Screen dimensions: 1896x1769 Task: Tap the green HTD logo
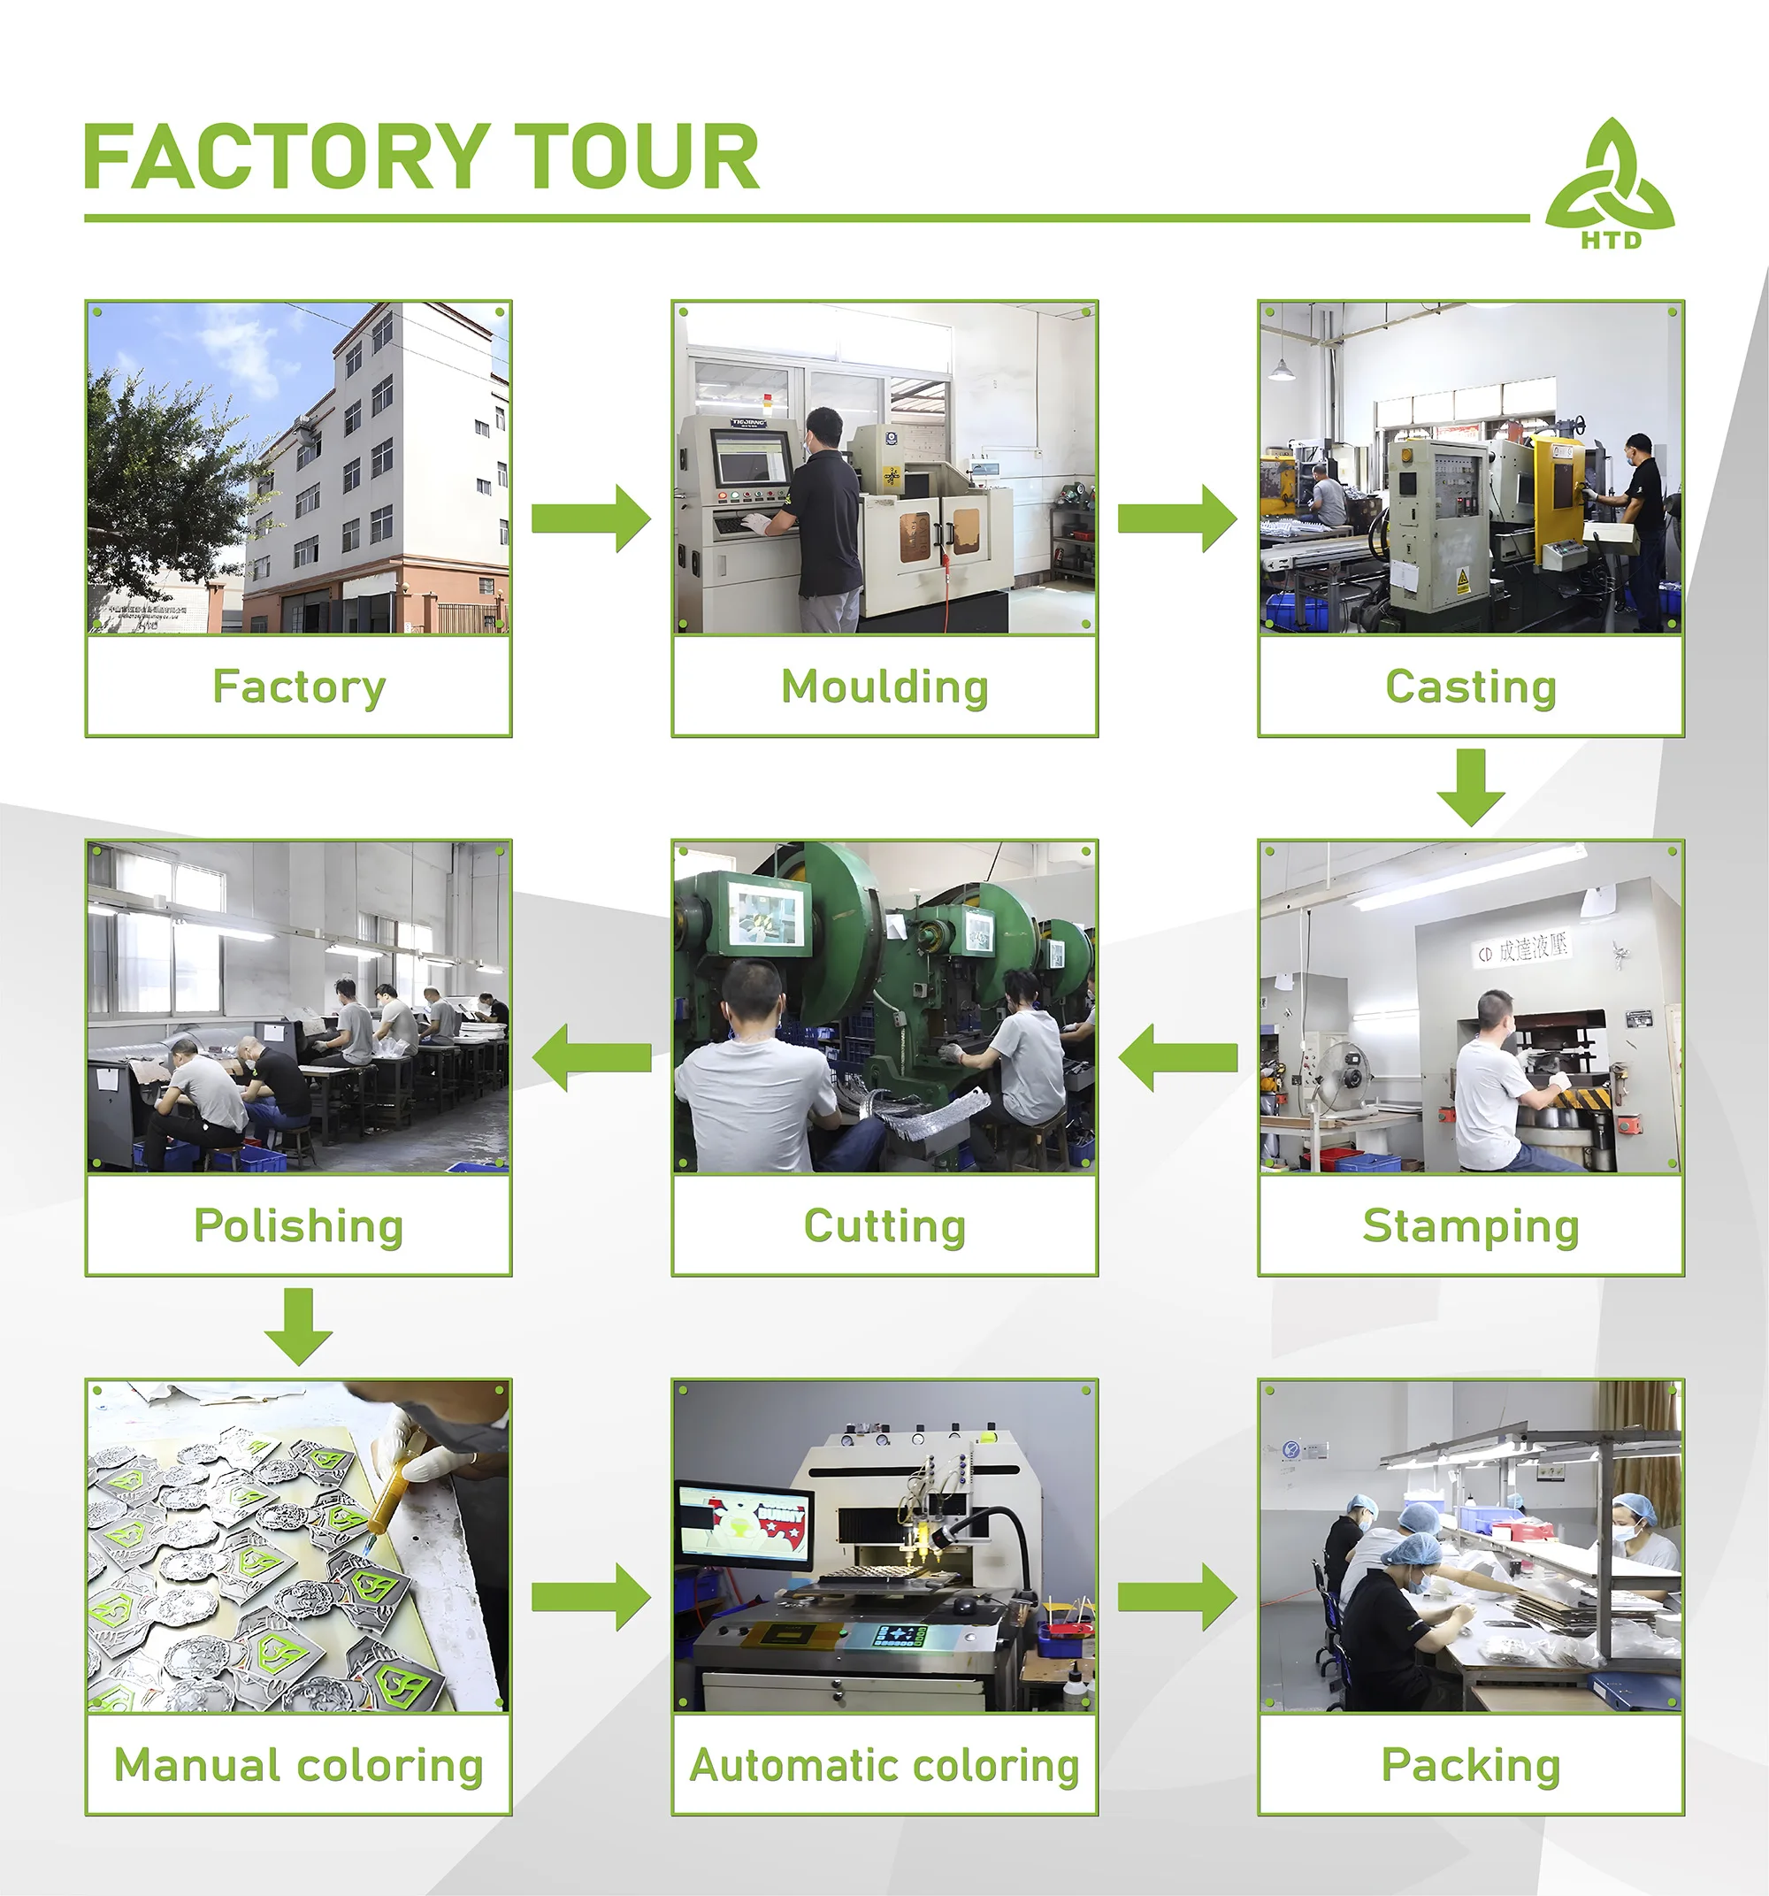(x=1610, y=183)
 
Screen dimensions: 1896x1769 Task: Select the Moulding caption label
(x=884, y=687)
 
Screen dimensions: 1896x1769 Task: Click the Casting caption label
(x=1471, y=687)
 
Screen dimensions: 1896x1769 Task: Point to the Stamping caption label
(x=1471, y=1225)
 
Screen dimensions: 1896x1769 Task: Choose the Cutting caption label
(x=884, y=1225)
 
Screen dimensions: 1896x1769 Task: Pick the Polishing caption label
(x=298, y=1225)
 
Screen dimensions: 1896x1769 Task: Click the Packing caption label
(x=1471, y=1764)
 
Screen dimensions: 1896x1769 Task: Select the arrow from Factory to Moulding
(x=591, y=518)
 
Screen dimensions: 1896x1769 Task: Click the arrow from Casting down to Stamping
(x=1471, y=787)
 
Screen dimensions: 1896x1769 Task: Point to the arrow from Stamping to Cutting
(x=1178, y=1056)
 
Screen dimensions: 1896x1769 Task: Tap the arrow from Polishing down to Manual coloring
(x=298, y=1325)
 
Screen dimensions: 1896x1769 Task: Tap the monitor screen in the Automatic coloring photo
(x=743, y=1524)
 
